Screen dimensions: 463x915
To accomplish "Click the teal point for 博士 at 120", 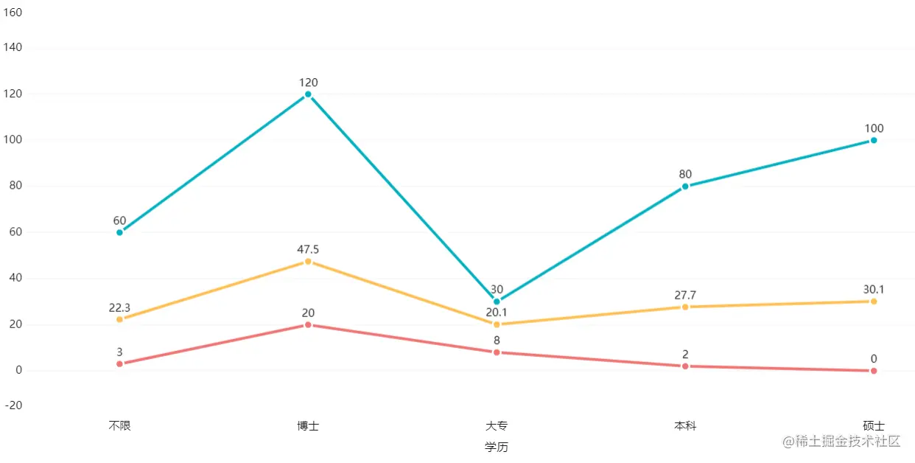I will click(x=308, y=94).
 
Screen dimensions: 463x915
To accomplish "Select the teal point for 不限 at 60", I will click(x=119, y=232).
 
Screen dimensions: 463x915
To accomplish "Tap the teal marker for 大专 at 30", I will click(x=497, y=302).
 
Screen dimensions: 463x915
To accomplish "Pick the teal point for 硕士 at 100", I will click(x=874, y=140).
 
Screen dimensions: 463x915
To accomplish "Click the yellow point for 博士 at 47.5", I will click(x=308, y=262).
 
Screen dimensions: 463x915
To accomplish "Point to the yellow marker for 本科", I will click(x=685, y=307).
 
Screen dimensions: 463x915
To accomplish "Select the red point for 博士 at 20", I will click(x=308, y=324).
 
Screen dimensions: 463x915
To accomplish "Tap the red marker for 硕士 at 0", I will click(x=874, y=371).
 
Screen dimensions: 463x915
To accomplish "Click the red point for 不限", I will click(x=119, y=363).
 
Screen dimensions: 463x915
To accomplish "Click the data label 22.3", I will click(x=119, y=307).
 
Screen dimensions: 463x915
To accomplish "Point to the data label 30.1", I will click(x=874, y=290).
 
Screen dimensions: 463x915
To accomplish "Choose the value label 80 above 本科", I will click(x=685, y=175).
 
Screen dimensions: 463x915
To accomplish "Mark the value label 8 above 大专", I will click(x=497, y=341).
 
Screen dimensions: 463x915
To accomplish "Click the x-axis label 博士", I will click(x=308, y=425).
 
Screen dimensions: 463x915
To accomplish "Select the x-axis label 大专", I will click(x=497, y=425).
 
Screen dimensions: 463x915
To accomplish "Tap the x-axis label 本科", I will click(x=685, y=425).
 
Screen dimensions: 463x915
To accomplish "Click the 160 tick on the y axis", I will click(x=13, y=13).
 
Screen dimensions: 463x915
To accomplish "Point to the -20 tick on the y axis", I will click(x=13, y=405).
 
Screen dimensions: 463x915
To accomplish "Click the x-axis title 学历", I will click(x=497, y=447).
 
